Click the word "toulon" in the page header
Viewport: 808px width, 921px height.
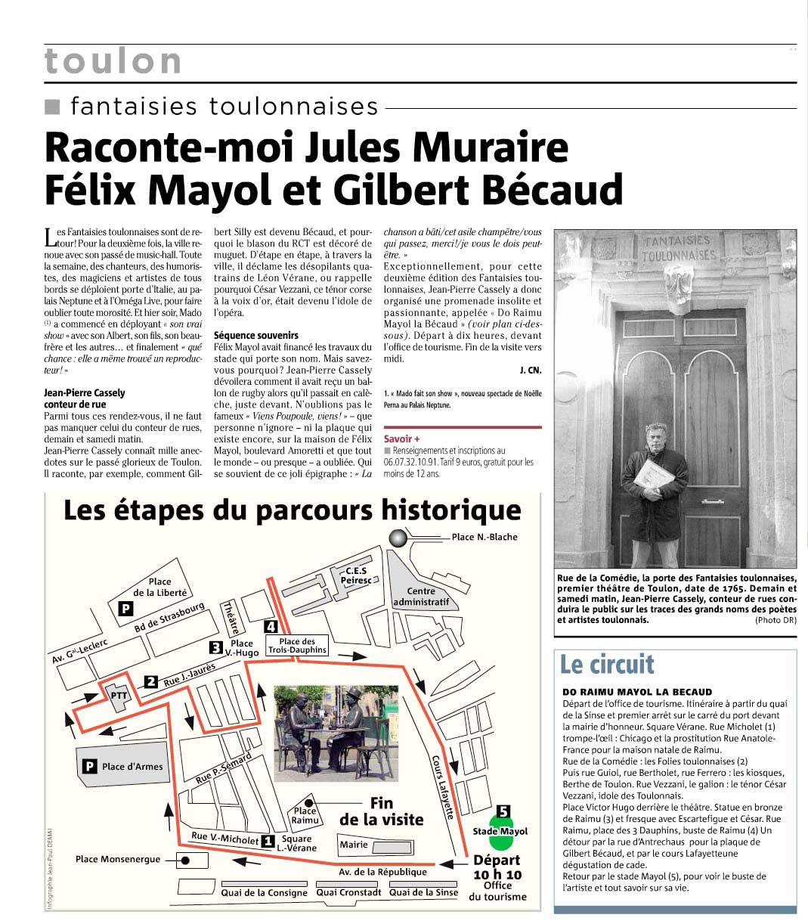pos(113,61)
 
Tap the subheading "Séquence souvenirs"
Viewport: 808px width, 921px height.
pos(256,335)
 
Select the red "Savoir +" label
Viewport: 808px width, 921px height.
pos(401,439)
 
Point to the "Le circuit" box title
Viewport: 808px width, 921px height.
pos(606,664)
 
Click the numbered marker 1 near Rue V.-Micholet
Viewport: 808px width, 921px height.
pos(267,839)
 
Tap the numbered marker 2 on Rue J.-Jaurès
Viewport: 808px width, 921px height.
pos(150,681)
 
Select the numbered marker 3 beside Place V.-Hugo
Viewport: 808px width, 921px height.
pos(215,647)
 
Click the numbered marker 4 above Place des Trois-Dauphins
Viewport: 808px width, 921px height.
pos(271,626)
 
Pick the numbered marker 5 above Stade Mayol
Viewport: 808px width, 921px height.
pos(503,812)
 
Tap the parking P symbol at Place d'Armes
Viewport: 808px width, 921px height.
pos(89,766)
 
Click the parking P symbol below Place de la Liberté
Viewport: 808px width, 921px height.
pos(125,609)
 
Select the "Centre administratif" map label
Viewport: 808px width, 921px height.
pos(422,597)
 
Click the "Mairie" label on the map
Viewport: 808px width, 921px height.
pos(354,845)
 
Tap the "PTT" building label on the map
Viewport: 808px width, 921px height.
pos(118,694)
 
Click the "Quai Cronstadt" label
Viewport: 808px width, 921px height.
pos(348,892)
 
